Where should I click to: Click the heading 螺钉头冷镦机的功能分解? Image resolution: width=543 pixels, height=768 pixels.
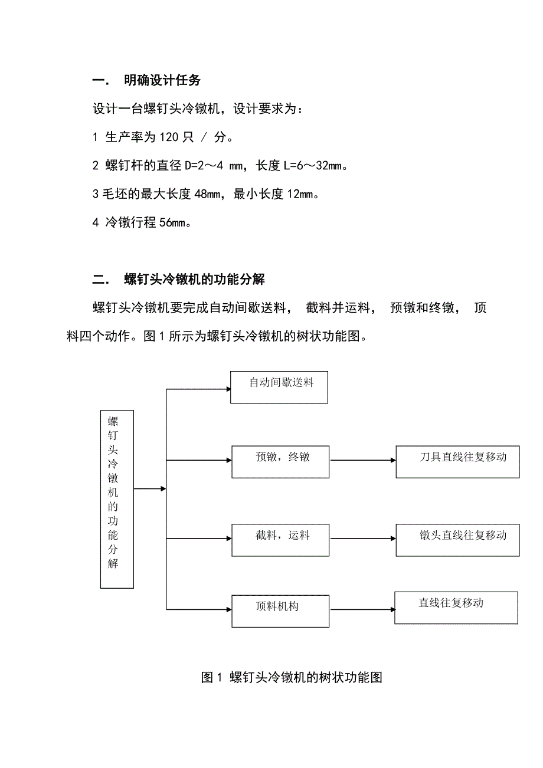[x=195, y=280]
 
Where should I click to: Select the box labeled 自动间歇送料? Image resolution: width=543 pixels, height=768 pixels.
[x=279, y=387]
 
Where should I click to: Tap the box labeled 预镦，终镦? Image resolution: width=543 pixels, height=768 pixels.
[x=280, y=461]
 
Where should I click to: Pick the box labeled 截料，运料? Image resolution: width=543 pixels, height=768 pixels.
[x=280, y=540]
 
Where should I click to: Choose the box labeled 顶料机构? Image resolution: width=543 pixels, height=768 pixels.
[x=280, y=611]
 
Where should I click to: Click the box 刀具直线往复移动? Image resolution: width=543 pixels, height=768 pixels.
[x=457, y=461]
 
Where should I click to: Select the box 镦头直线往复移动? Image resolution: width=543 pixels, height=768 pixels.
[x=457, y=540]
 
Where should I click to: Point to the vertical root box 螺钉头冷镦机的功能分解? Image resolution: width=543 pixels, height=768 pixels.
[x=117, y=499]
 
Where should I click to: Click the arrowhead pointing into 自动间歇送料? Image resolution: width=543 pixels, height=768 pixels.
[x=227, y=389]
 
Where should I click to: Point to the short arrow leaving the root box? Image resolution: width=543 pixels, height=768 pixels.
[x=150, y=488]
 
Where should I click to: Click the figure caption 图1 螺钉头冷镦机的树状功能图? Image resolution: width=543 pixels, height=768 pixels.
[x=292, y=678]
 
